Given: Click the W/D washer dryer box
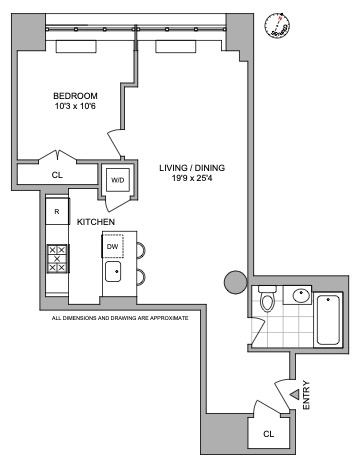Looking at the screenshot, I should [118, 181].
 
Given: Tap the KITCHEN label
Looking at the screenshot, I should [96, 221].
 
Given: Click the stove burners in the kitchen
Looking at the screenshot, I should [57, 259].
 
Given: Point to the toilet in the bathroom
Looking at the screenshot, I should [267, 301].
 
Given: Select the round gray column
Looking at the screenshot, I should [235, 283].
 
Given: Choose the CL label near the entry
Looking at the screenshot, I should [269, 433].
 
